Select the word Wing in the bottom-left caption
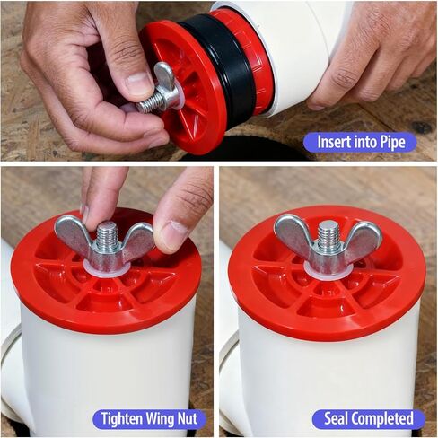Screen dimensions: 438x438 click(x=165, y=419)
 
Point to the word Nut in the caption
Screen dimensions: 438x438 click(x=191, y=419)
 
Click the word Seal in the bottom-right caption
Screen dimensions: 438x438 click(x=335, y=419)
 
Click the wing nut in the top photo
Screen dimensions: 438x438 click(x=161, y=87)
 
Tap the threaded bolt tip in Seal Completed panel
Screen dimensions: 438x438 click(x=328, y=235)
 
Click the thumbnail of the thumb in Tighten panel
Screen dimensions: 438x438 click(x=171, y=235)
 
